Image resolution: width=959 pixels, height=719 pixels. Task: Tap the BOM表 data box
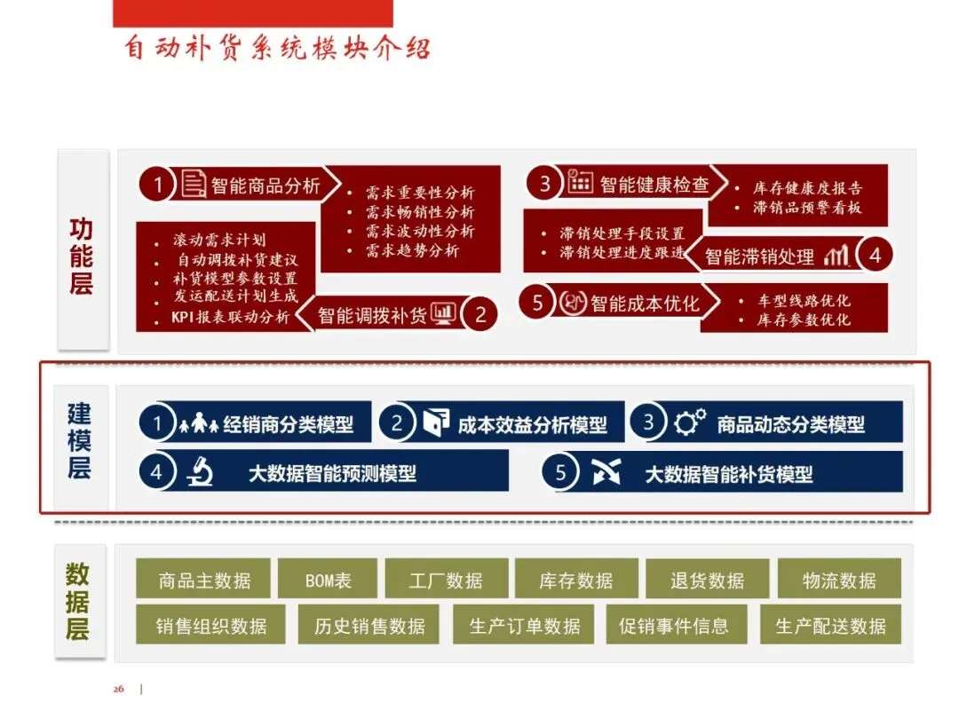pyautogui.click(x=328, y=581)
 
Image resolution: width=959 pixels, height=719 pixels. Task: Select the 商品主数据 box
pyautogui.click(x=204, y=581)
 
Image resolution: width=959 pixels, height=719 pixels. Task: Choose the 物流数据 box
pyautogui.click(x=839, y=581)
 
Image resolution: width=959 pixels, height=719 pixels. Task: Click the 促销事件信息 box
pyautogui.click(x=673, y=626)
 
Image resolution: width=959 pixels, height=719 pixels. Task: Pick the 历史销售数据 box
pyautogui.click(x=369, y=626)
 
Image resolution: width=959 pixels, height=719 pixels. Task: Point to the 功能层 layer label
pyautogui.click(x=82, y=257)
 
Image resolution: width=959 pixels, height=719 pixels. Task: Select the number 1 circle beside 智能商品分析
pyautogui.click(x=158, y=186)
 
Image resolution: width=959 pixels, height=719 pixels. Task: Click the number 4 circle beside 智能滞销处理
pyautogui.click(x=875, y=256)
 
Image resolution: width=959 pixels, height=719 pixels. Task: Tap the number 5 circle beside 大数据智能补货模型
pyautogui.click(x=561, y=472)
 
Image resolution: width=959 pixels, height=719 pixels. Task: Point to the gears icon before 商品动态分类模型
pyautogui.click(x=690, y=423)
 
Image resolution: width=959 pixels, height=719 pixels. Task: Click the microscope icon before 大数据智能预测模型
pyautogui.click(x=200, y=473)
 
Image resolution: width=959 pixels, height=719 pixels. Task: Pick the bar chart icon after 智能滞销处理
pyautogui.click(x=836, y=257)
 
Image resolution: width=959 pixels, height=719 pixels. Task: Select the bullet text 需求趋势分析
pyautogui.click(x=412, y=251)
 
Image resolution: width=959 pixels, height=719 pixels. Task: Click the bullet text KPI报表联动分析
pyautogui.click(x=230, y=317)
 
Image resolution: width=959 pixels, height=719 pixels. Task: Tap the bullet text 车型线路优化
pyautogui.click(x=803, y=301)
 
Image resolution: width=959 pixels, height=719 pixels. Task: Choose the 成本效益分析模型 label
pyautogui.click(x=533, y=425)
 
